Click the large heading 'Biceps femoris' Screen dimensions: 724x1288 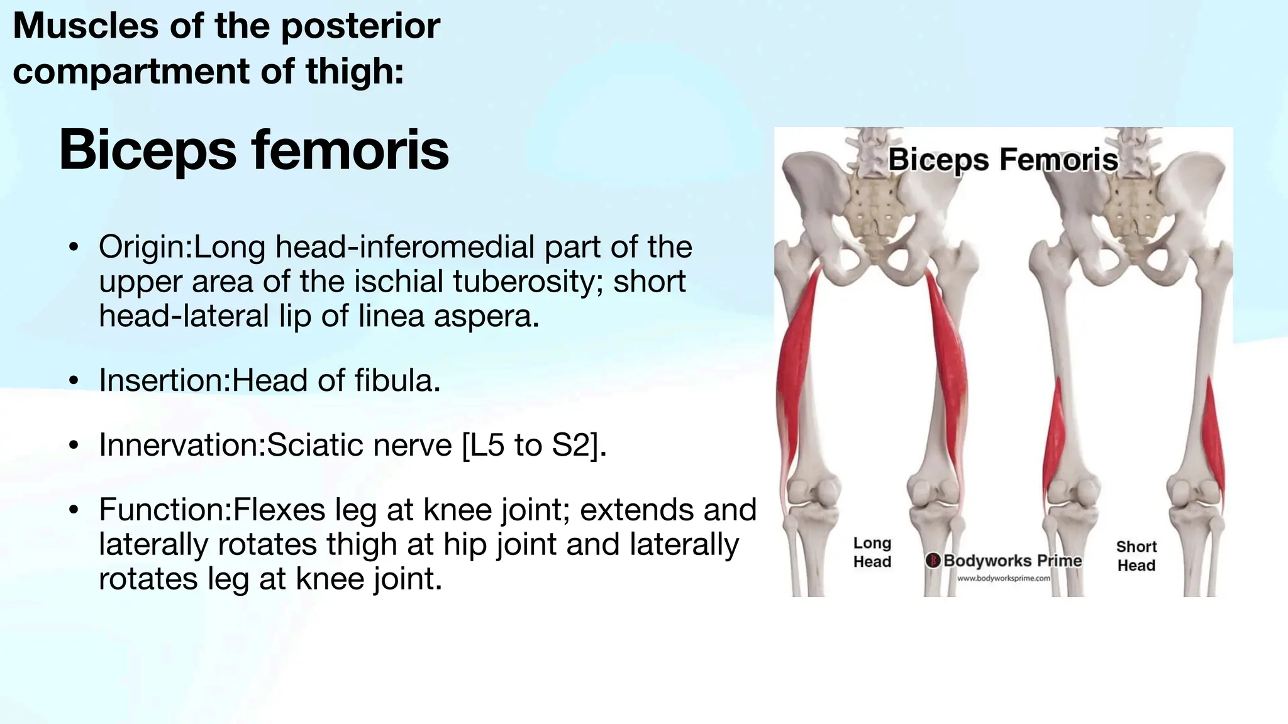tap(253, 150)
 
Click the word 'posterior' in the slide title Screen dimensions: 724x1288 tap(360, 26)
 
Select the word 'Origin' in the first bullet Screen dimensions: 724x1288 tap(143, 247)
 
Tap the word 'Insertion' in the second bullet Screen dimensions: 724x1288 tap(163, 380)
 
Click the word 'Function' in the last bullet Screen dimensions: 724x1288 tap(164, 510)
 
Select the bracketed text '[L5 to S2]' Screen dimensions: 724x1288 tap(534, 445)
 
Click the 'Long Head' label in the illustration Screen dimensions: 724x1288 tap(872, 552)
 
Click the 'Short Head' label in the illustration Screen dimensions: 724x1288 tap(1136, 556)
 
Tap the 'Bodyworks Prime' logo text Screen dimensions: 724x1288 tap(1012, 561)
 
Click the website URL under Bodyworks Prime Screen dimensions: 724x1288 tap(1003, 578)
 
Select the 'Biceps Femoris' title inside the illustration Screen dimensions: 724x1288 tap(1002, 160)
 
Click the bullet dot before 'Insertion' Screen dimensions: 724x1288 tap(74, 381)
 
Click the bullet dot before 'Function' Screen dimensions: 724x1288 tap(74, 511)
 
